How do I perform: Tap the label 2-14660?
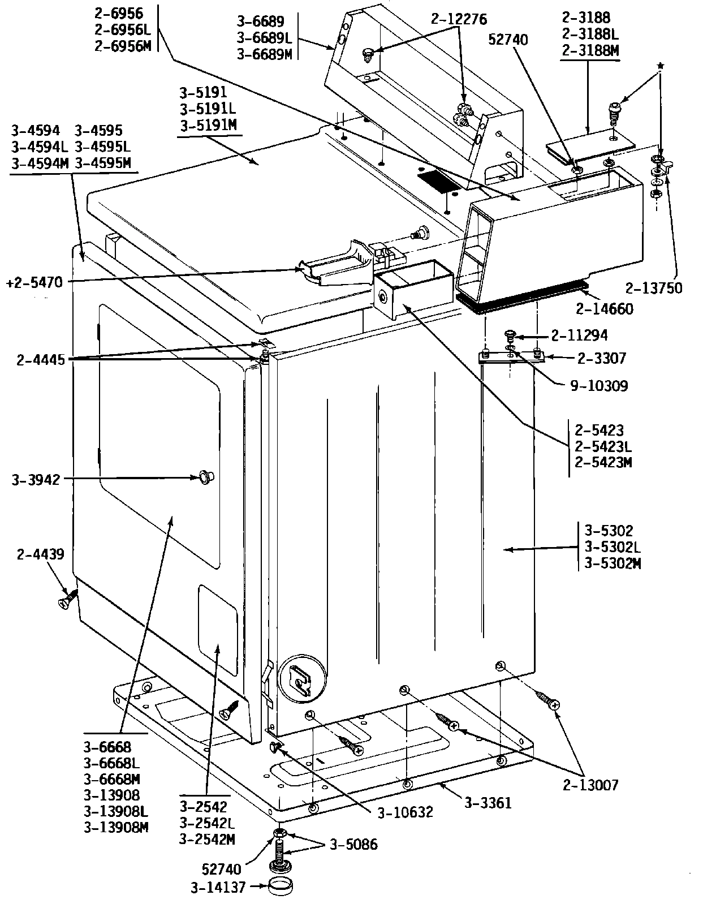click(604, 309)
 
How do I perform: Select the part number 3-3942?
click(35, 481)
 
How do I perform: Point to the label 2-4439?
click(40, 554)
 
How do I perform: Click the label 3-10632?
click(405, 812)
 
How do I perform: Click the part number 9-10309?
click(599, 386)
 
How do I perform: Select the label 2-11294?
click(579, 335)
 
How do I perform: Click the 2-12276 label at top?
click(458, 19)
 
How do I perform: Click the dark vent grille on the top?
click(438, 182)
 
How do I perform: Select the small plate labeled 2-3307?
click(511, 356)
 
